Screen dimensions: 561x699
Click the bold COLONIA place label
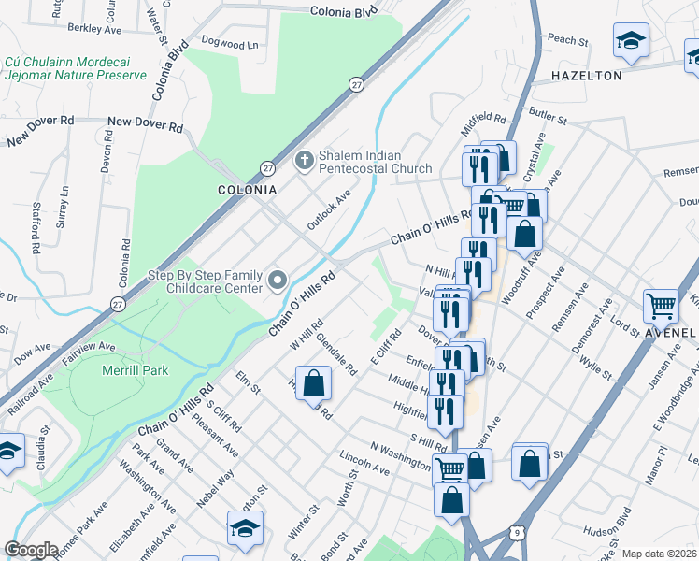pos(248,189)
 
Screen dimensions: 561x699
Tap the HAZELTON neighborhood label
pos(587,75)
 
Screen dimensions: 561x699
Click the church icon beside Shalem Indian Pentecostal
pos(304,161)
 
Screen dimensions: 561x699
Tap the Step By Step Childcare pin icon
pos(278,280)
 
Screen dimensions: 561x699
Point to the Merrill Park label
pos(135,370)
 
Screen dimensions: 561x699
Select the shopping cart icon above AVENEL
pos(661,306)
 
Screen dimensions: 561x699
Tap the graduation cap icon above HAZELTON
pos(631,41)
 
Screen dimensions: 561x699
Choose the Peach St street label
pos(568,41)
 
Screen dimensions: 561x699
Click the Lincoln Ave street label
pos(365,464)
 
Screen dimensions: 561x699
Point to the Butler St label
pos(549,116)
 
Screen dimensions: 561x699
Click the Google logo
pos(31,550)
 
